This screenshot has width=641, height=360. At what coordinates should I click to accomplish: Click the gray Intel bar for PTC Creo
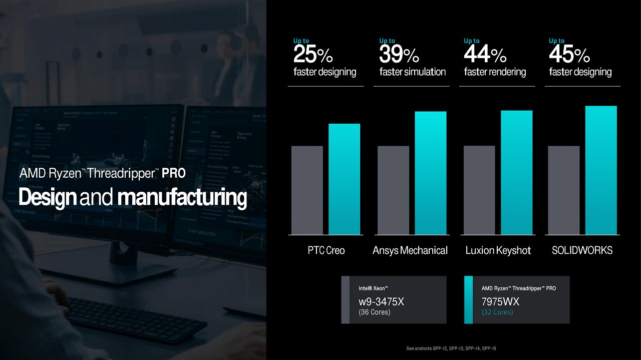(307, 190)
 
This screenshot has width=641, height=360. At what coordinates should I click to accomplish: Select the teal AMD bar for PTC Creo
(344, 179)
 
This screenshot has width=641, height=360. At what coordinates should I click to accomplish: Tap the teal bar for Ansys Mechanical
(431, 173)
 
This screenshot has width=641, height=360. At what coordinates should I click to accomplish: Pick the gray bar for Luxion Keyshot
(479, 190)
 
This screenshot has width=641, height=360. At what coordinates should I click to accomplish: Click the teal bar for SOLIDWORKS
(601, 170)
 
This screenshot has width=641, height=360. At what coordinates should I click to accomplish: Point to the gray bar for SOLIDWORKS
(564, 190)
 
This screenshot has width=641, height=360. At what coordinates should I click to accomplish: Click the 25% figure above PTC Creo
(313, 54)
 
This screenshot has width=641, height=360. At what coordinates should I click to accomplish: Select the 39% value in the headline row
(399, 54)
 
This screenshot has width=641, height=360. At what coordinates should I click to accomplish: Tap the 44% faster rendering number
(485, 54)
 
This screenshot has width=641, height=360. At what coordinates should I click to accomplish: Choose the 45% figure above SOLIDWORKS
(569, 54)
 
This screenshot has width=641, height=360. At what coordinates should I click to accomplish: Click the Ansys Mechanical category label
(410, 250)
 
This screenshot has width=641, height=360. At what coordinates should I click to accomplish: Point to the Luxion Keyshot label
(498, 250)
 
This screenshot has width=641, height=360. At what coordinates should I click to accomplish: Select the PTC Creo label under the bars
(326, 250)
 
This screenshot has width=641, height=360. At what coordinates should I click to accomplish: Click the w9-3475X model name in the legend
(381, 301)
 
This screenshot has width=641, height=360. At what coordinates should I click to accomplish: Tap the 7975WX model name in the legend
(500, 301)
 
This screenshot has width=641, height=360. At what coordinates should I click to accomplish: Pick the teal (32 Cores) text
(497, 312)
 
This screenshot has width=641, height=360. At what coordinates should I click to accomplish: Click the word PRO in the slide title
(174, 173)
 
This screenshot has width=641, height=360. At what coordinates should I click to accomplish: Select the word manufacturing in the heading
(182, 197)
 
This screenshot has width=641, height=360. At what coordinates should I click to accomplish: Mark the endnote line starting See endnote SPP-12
(451, 348)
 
